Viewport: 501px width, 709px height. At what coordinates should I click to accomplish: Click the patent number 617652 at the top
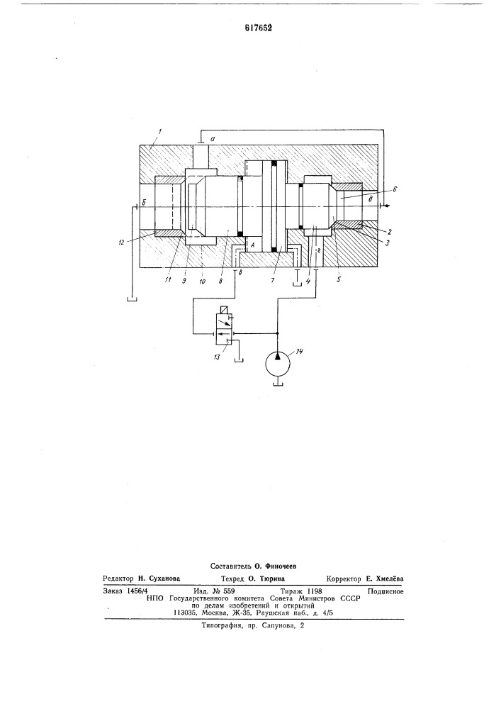pyautogui.click(x=258, y=28)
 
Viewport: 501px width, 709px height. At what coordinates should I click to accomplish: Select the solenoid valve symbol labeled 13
pyautogui.click(x=224, y=326)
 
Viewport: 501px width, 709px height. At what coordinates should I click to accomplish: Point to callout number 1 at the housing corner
pyautogui.click(x=159, y=131)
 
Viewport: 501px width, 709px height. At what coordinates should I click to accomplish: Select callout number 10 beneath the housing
pyautogui.click(x=202, y=280)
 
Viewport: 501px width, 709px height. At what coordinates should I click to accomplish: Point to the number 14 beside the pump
pyautogui.click(x=298, y=351)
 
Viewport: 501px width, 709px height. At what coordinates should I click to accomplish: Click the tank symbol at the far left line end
pyautogui.click(x=132, y=298)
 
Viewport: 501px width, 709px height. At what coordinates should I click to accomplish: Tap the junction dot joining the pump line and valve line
pyautogui.click(x=277, y=334)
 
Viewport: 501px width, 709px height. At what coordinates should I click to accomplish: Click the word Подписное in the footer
pyautogui.click(x=385, y=591)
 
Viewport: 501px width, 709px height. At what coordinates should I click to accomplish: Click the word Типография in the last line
pyautogui.click(x=219, y=626)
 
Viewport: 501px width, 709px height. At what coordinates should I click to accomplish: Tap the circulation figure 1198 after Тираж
pyautogui.click(x=314, y=591)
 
